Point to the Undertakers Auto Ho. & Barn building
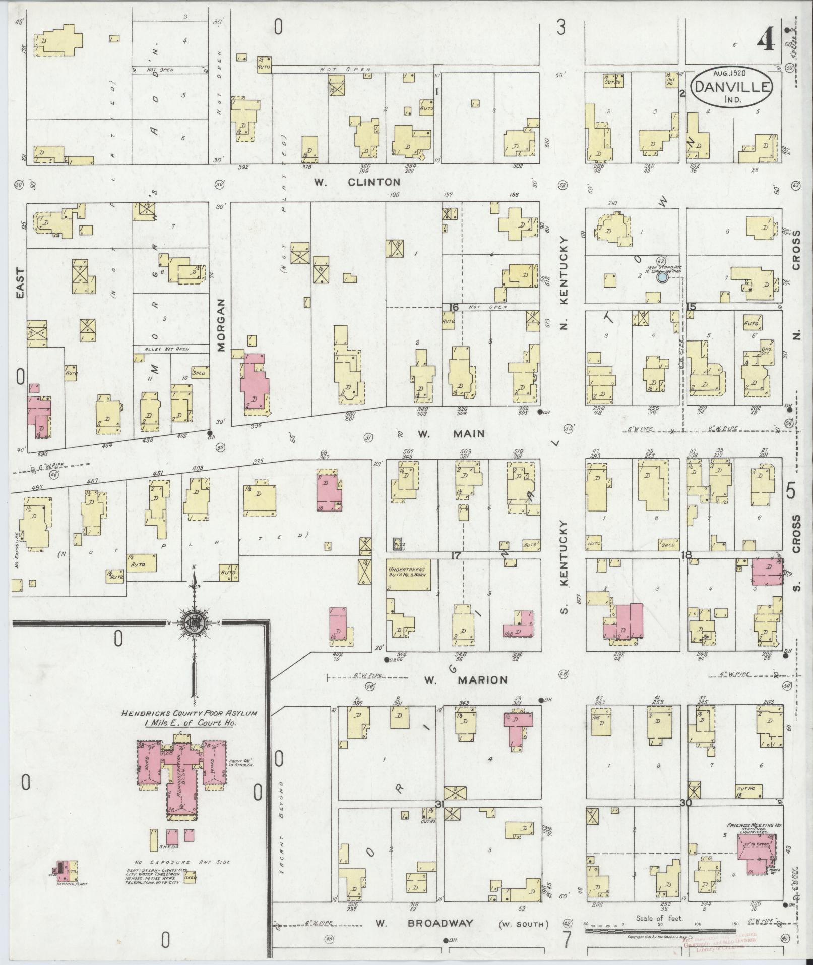[x=408, y=575]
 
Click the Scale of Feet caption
[x=659, y=918]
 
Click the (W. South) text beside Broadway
[x=523, y=924]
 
